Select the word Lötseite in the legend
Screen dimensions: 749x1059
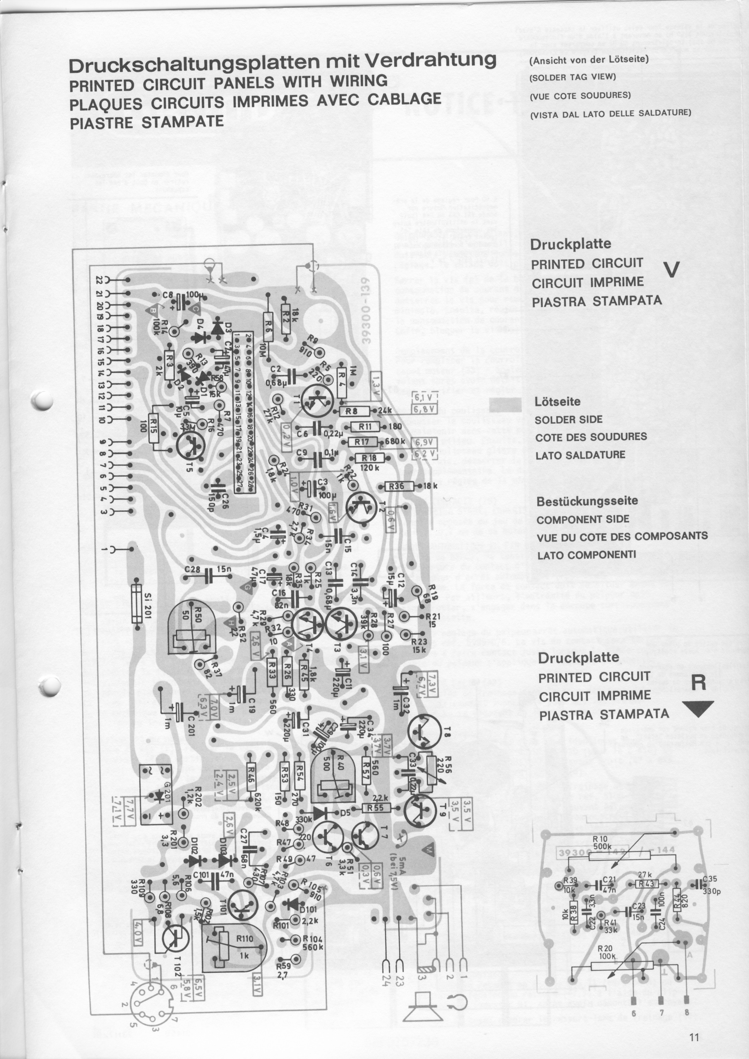(557, 401)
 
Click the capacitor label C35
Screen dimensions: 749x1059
(711, 879)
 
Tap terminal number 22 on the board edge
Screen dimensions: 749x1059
(99, 280)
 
